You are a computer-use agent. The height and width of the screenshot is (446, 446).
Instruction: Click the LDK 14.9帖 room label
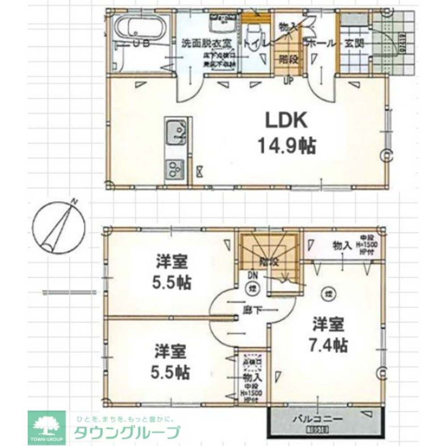(x=286, y=132)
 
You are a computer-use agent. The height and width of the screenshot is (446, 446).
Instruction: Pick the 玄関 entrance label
(x=354, y=43)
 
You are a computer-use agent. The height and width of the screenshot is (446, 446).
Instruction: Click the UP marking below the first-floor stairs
(x=288, y=81)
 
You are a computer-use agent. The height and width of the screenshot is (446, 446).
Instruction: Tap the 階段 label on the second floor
(x=269, y=262)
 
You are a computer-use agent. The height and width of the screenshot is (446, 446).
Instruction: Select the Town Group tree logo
(x=46, y=426)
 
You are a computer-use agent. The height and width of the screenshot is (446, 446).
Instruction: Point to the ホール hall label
(x=318, y=43)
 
